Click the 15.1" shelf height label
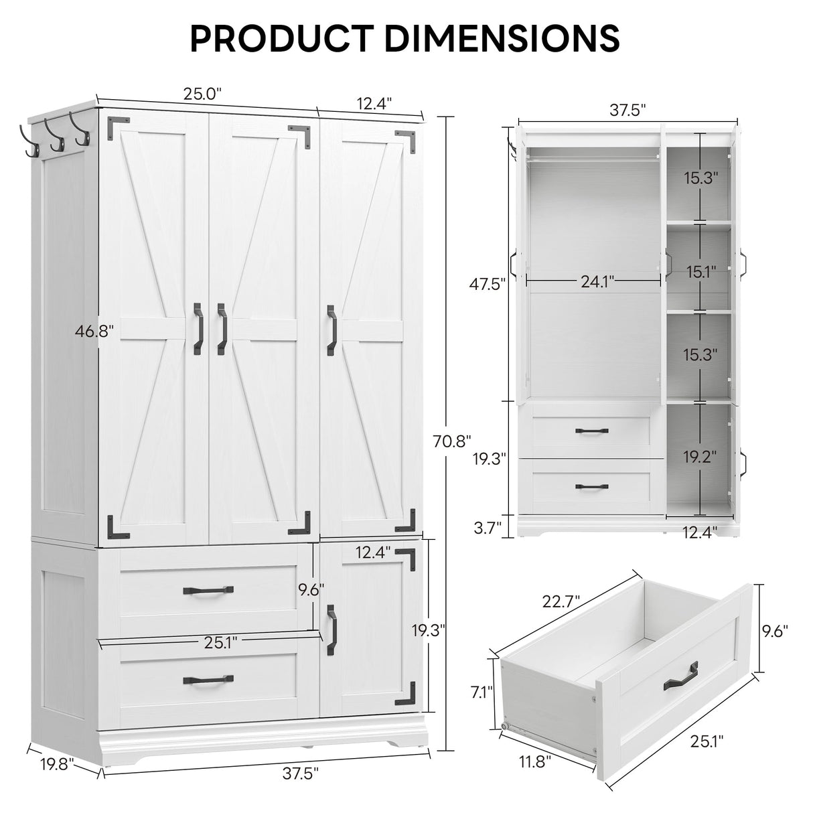(x=700, y=272)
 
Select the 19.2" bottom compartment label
(x=700, y=456)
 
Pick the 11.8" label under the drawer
(x=533, y=761)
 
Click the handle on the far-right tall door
(x=331, y=330)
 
